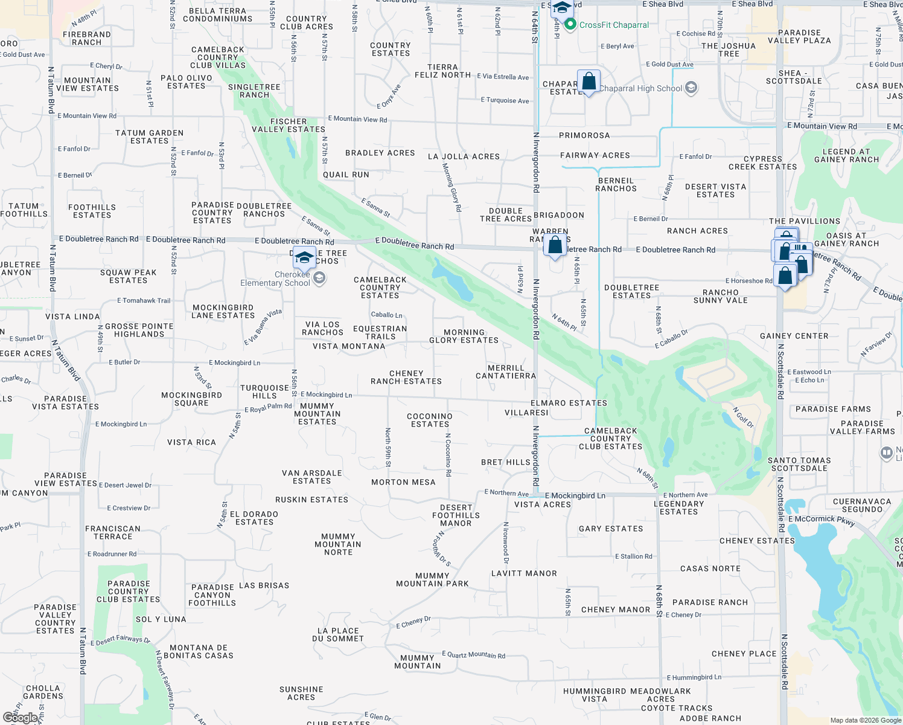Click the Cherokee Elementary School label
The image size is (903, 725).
coord(275,279)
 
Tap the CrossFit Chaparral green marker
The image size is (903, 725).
coord(570,25)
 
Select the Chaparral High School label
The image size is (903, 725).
coord(640,88)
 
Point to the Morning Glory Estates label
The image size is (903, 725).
coord(464,337)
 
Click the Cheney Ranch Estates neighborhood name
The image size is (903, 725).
coord(406,378)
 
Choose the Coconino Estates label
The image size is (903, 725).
coord(430,420)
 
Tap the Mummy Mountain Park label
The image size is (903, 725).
coord(432,580)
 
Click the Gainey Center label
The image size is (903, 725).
coord(794,336)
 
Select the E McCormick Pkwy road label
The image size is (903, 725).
coord(822,520)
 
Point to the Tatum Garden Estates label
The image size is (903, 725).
coord(149,137)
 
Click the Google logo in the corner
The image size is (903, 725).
coord(21,717)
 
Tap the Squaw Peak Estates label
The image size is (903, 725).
coord(128,276)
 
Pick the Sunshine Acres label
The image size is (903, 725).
coord(301,693)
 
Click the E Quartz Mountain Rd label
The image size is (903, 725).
coord(473,654)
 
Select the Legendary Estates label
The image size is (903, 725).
coord(678,507)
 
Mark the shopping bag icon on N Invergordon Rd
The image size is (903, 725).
coord(555,246)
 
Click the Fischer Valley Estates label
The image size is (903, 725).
coord(289,126)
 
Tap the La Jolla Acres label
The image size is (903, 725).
coord(464,156)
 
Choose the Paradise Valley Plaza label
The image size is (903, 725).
coord(799,36)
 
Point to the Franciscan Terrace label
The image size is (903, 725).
coord(113,532)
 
